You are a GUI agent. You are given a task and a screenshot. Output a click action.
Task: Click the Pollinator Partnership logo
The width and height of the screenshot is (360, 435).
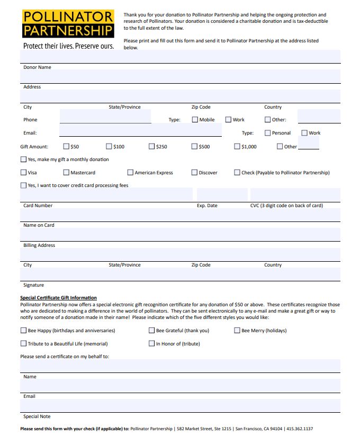click(x=68, y=24)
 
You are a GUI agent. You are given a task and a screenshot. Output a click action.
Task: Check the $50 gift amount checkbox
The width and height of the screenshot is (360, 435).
click(x=66, y=146)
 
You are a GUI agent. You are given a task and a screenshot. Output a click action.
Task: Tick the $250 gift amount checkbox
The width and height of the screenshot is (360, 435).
click(x=152, y=146)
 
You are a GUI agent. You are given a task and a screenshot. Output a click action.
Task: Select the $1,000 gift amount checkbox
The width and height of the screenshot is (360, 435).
click(x=237, y=146)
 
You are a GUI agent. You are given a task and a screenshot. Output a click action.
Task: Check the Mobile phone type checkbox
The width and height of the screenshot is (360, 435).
click(x=195, y=120)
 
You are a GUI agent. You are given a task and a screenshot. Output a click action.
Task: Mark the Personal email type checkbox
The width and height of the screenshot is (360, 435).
click(x=267, y=133)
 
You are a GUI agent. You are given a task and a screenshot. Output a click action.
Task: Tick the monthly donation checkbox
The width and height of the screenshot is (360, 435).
click(x=23, y=159)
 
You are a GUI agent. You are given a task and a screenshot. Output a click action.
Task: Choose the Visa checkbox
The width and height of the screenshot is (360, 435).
click(x=23, y=172)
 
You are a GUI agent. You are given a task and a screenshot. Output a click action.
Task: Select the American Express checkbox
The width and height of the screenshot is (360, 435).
click(x=130, y=172)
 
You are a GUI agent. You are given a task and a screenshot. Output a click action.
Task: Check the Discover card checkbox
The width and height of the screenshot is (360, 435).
click(x=195, y=172)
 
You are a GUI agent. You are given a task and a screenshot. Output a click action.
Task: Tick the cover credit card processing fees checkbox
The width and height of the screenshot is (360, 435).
click(x=23, y=185)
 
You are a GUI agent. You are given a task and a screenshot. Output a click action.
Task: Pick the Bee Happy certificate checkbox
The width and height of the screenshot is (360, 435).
click(x=23, y=331)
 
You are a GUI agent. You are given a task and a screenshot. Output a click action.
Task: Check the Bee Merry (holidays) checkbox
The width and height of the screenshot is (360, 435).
click(x=237, y=331)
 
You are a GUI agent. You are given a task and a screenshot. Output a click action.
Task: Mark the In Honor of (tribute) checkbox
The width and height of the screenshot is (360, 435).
click(x=152, y=343)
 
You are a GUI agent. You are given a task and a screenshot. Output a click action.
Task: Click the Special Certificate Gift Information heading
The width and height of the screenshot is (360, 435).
click(x=58, y=298)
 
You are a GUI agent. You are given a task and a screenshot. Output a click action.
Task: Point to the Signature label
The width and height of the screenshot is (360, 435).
click(x=33, y=285)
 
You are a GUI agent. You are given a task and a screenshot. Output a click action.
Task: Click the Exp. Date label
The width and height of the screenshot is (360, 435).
click(x=207, y=206)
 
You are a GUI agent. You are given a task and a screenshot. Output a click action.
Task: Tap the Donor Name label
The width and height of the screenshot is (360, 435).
click(x=37, y=67)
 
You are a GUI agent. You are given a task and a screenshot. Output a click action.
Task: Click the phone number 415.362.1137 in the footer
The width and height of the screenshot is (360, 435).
click(x=300, y=429)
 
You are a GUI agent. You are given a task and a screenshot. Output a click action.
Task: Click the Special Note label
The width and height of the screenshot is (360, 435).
click(x=37, y=416)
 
